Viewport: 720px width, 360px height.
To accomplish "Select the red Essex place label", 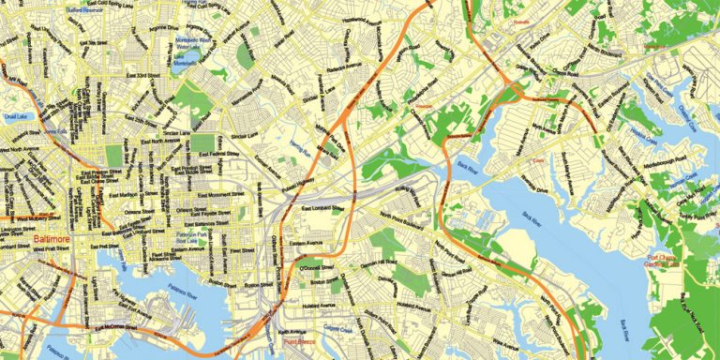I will point(537,160).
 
